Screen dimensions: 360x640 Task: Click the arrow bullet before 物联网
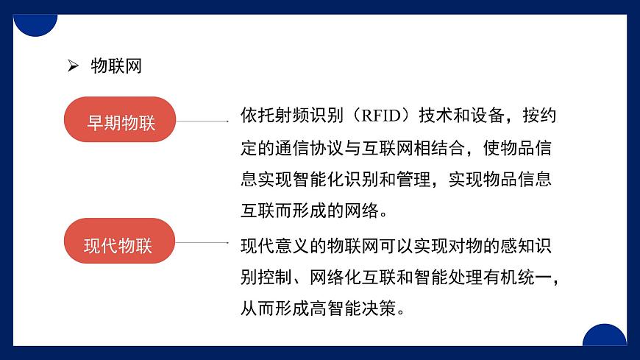point(73,66)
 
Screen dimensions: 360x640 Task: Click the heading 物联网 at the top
point(115,66)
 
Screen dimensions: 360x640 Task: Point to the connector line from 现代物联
point(203,241)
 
